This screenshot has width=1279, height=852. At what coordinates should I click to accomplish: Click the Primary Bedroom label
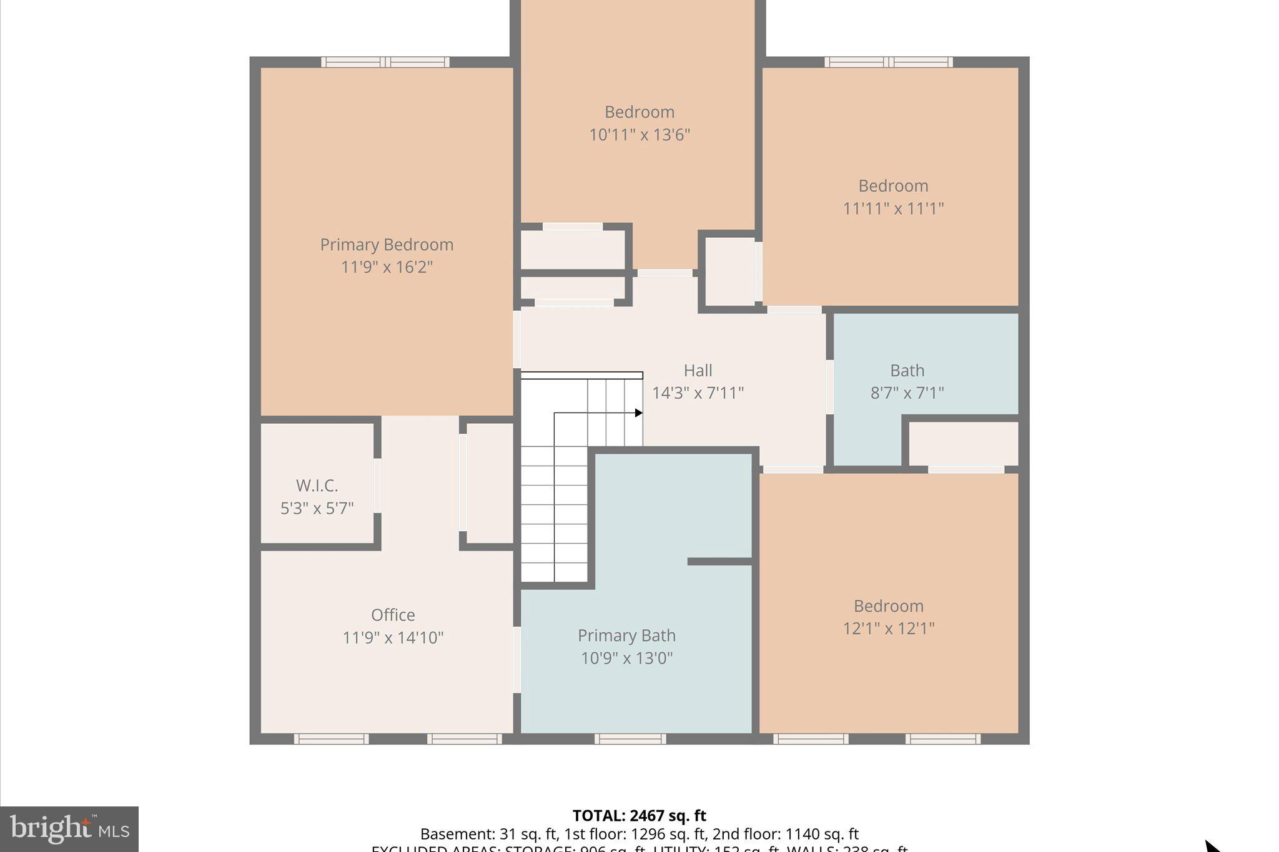387,245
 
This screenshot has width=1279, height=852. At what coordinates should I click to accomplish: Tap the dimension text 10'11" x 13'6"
639,135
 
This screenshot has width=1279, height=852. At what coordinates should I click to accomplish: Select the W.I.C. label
317,486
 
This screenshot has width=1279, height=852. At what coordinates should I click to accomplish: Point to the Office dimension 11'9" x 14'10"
393,638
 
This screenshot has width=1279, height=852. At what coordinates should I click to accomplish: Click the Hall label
698,371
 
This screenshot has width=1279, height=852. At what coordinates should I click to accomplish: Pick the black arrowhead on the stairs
638,413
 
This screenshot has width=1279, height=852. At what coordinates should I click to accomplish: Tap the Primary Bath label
626,635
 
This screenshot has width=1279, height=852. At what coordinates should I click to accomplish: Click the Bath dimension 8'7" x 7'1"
907,393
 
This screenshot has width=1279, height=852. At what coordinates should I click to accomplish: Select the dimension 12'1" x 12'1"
888,629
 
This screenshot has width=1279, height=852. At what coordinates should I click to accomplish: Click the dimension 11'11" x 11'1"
892,208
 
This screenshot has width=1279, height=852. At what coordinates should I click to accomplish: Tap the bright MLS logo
69,829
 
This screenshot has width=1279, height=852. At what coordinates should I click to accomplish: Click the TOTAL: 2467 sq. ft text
639,816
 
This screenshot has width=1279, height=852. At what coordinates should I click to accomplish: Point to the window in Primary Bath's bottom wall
630,739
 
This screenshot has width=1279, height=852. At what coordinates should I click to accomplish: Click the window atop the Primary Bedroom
385,62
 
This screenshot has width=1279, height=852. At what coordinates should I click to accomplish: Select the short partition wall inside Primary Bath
719,562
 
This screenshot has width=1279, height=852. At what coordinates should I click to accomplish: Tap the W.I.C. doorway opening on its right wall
377,486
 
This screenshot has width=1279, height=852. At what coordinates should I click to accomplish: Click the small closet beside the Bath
963,444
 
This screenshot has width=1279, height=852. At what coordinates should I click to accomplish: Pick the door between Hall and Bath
829,386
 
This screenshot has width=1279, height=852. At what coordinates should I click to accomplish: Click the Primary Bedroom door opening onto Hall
517,340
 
